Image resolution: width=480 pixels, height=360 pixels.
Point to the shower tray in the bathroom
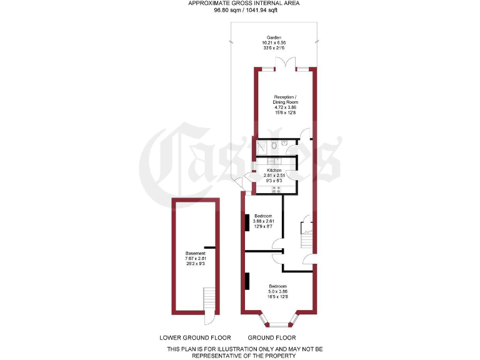tap(261, 147)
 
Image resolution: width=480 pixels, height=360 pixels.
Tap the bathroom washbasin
tap(284, 142)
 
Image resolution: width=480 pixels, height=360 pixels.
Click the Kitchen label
tap(274, 171)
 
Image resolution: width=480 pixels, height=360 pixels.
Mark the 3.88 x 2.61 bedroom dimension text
tap(263, 221)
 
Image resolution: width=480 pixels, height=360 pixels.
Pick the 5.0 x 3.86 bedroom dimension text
tap(277, 291)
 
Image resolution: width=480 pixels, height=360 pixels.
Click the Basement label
tap(195, 253)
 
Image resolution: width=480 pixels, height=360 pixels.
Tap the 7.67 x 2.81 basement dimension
tap(195, 258)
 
